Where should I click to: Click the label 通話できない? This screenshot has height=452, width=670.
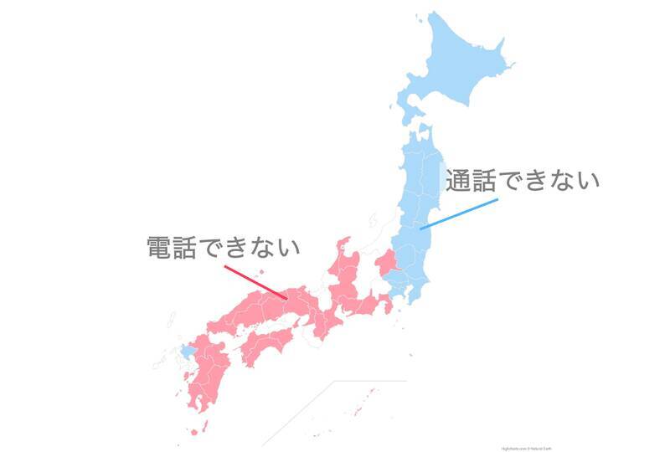point(523,181)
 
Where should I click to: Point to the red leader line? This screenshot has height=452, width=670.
point(255,282)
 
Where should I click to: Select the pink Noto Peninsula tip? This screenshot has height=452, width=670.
point(343,244)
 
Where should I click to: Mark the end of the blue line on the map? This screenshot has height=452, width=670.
point(420,228)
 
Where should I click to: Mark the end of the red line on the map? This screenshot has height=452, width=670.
point(288,298)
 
